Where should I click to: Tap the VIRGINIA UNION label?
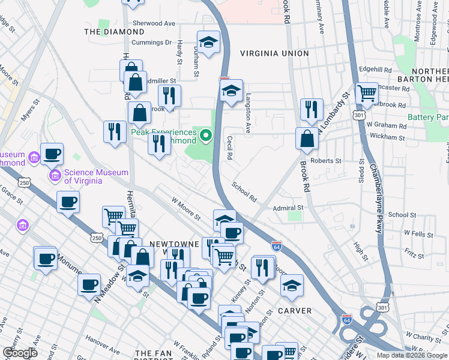pyautogui.click(x=274, y=53)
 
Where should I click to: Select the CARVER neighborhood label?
pyautogui.click(x=294, y=311)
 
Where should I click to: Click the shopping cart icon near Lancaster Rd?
pyautogui.click(x=366, y=93)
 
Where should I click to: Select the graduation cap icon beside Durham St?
pyautogui.click(x=208, y=41)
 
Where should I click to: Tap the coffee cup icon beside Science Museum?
pyautogui.click(x=52, y=153)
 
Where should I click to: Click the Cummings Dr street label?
pyautogui.click(x=152, y=43)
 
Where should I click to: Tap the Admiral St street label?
pyautogui.click(x=289, y=208)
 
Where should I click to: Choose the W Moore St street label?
pyautogui.click(x=185, y=209)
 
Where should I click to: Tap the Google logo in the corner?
pyautogui.click(x=20, y=352)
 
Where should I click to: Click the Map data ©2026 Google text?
pyautogui.click(x=411, y=355)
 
